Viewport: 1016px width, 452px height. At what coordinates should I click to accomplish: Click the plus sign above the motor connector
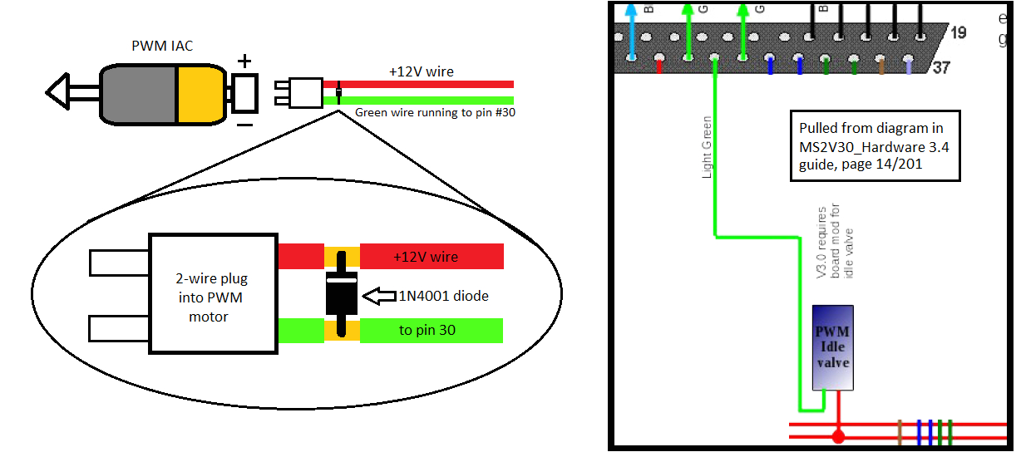click(244, 61)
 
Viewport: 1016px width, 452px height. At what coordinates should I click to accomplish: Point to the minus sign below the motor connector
click(244, 125)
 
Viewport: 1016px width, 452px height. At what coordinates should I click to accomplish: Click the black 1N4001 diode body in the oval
click(341, 293)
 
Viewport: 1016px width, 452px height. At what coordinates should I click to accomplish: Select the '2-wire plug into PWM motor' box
click(213, 292)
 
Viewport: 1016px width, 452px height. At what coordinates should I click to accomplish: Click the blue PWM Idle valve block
click(832, 347)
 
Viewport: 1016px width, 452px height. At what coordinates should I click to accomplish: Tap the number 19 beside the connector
click(958, 33)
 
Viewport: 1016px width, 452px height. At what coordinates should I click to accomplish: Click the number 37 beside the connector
click(941, 67)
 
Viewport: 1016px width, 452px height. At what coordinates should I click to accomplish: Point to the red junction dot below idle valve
click(838, 435)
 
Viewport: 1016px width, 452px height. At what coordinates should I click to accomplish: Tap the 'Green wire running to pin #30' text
click(435, 112)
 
